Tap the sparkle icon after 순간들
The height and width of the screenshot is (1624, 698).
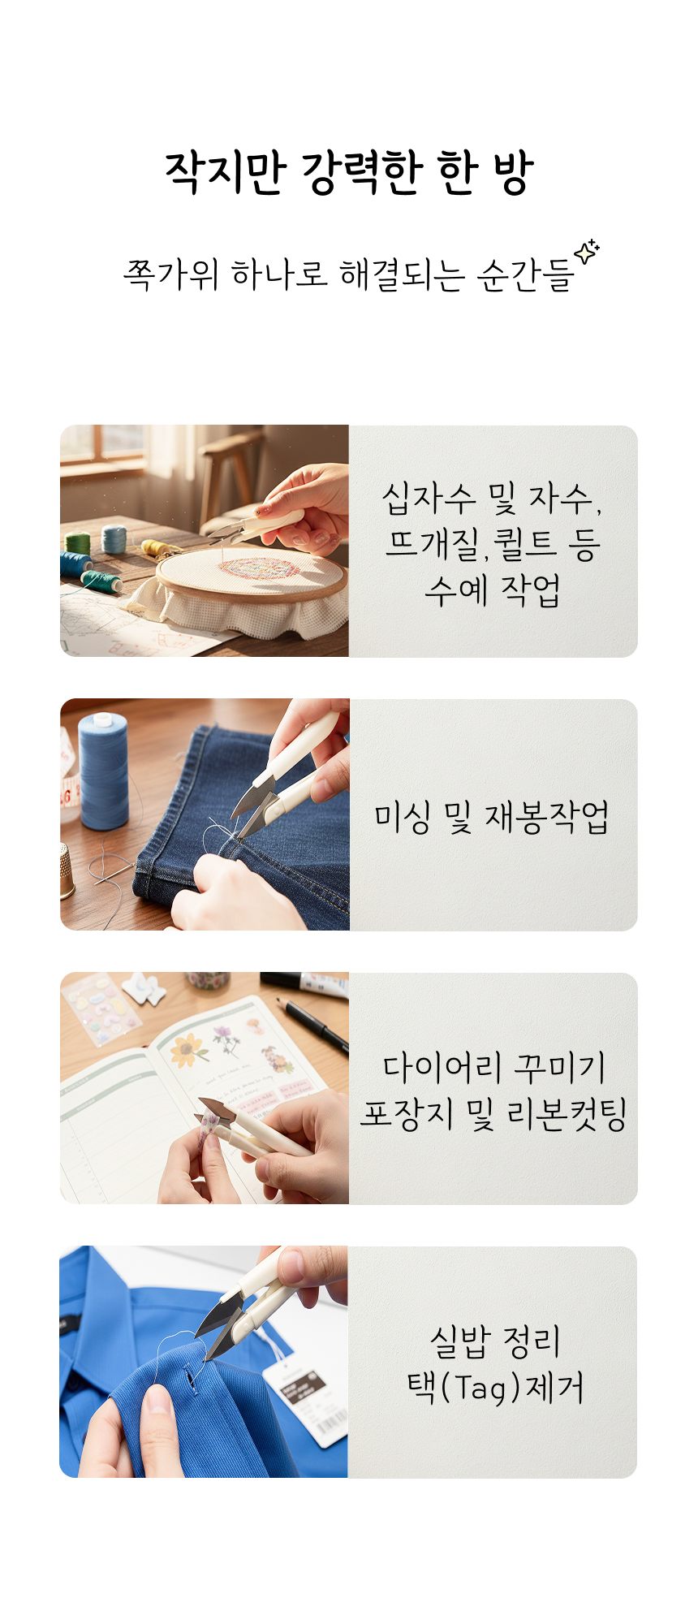[x=587, y=252]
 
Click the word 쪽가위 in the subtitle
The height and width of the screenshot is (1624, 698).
[x=170, y=274]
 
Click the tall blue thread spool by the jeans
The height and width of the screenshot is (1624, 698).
[x=103, y=771]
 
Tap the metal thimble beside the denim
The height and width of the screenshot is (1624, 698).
[x=67, y=871]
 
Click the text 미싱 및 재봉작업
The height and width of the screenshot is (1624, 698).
[x=492, y=816]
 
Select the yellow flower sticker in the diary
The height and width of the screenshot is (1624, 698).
[x=188, y=1051]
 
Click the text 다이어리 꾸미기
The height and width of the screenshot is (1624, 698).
[x=493, y=1067]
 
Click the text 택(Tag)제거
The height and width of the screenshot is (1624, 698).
[x=495, y=1387]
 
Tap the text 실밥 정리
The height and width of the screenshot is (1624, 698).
[x=495, y=1341]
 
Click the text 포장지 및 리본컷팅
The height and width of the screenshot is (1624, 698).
[x=493, y=1113]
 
